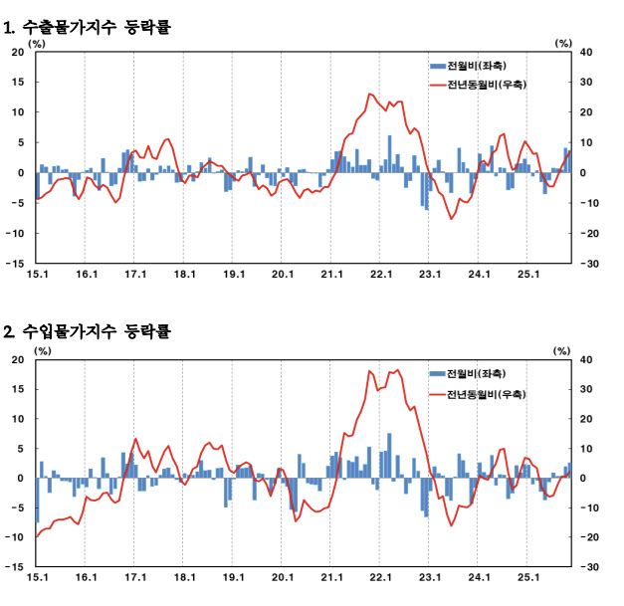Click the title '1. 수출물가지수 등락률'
tap(89, 28)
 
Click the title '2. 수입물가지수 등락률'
tap(89, 331)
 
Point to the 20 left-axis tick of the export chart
tap(18, 52)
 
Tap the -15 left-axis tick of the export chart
tap(16, 264)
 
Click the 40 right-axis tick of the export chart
tap(586, 52)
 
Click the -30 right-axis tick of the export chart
tap(588, 264)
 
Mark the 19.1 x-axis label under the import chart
tap(233, 576)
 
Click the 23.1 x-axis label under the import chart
tap(429, 576)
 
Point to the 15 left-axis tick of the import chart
tap(18, 389)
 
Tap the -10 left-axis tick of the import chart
tap(16, 537)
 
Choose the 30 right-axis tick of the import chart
tap(586, 389)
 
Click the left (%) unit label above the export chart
tap(38, 43)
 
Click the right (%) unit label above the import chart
tap(563, 350)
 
